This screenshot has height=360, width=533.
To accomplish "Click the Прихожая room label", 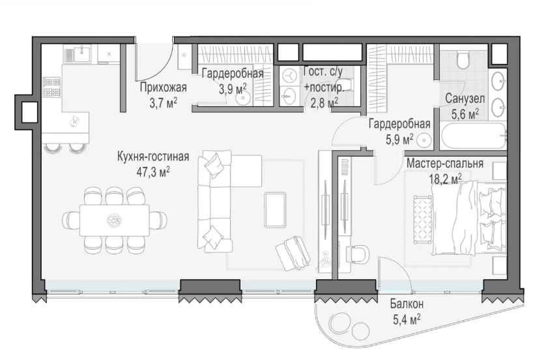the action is (163, 87).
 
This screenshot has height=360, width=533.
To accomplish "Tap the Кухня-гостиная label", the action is (153, 157).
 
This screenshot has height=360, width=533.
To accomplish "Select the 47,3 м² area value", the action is (153, 172).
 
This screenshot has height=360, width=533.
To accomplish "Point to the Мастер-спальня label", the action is (445, 164).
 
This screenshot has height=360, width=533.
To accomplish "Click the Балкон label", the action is (407, 303).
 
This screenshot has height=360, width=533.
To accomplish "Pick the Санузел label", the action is (465, 98).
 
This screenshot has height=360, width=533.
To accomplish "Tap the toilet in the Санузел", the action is (463, 60).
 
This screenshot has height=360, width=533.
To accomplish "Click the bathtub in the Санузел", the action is (473, 136).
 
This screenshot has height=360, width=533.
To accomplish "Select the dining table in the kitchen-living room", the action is (115, 220).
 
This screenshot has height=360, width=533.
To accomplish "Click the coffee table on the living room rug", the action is (276, 209).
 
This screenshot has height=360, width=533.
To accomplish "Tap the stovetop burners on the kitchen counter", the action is (51, 87).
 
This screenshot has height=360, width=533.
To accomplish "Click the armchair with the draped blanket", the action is (293, 253).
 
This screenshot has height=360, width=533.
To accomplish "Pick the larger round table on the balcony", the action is (340, 322).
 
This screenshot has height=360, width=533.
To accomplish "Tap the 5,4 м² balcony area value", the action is (407, 320).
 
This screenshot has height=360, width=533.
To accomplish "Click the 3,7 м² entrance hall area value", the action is (163, 103).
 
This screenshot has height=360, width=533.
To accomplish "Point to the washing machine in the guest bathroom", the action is (289, 76).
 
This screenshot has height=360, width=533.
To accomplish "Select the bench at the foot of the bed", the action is (422, 219).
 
